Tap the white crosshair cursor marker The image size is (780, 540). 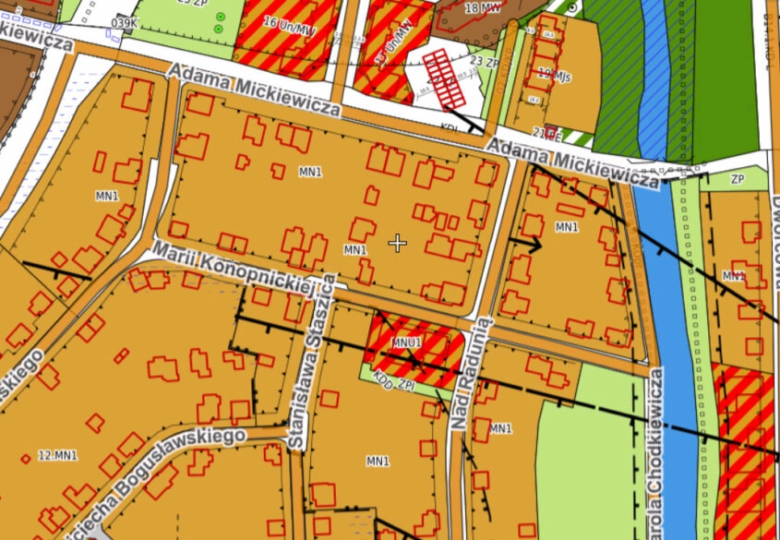(397, 243)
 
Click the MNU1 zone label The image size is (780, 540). (406, 342)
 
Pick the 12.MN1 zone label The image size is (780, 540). (58, 456)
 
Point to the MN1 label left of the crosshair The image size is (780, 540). (354, 249)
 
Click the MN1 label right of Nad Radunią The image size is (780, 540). (500, 428)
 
